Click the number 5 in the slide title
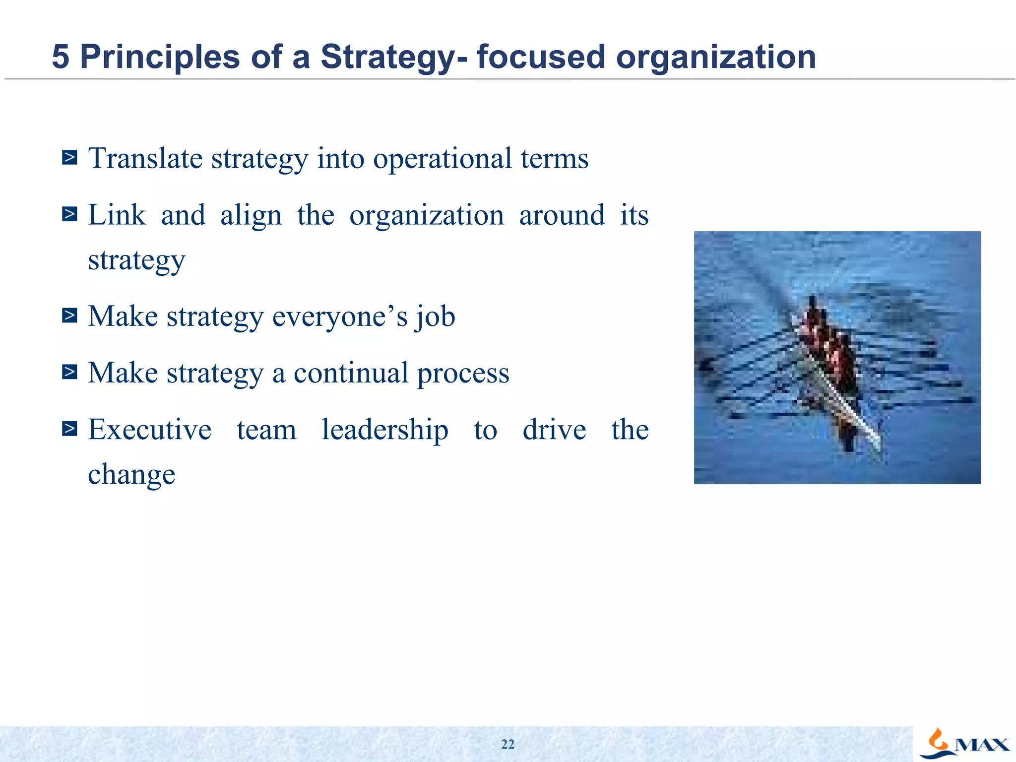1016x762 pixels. pos(60,57)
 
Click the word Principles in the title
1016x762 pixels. pos(160,57)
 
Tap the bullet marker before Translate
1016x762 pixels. pos(69,158)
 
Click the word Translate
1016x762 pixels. pos(145,159)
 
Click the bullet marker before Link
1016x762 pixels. pos(69,214)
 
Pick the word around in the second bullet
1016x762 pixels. pos(562,215)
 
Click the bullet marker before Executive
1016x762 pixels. pos(69,428)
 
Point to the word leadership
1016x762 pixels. pos(384,430)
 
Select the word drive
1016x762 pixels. pos(554,430)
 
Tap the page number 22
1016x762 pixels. pos(508,744)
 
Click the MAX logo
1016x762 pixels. pos(965,744)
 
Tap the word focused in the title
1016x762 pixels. pos(541,57)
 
